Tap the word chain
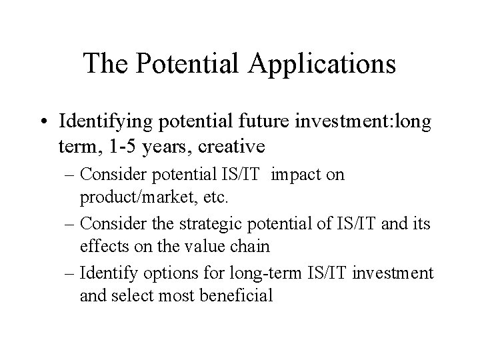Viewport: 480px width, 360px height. coord(249,246)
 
